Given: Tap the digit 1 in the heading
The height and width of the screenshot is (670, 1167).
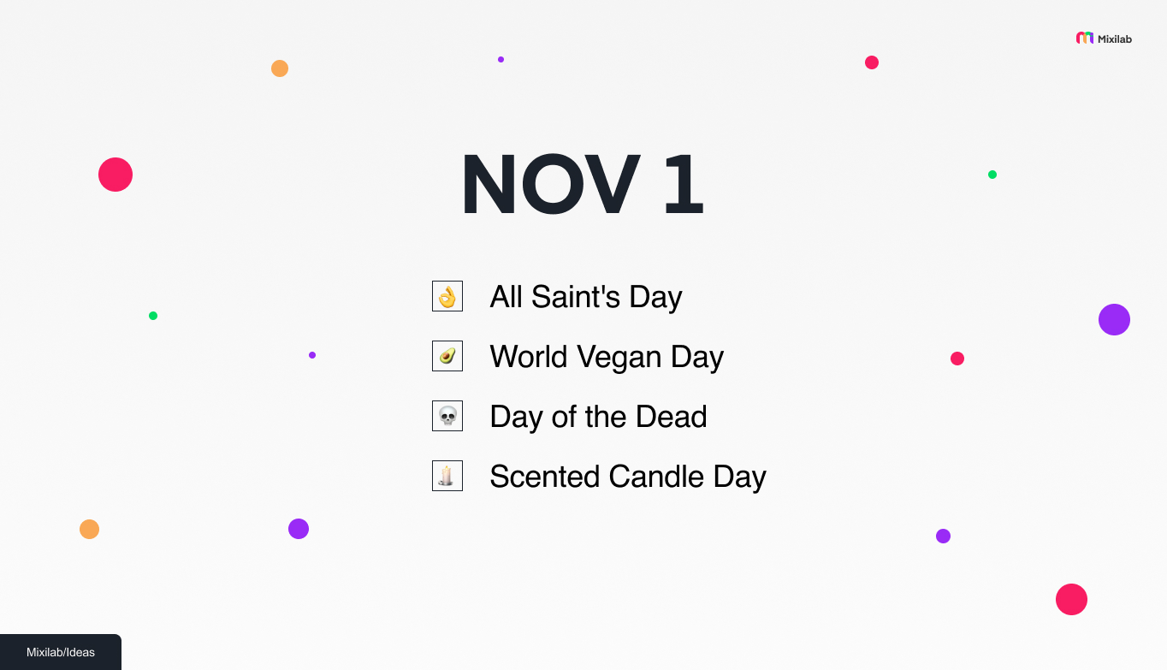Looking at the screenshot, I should tap(684, 185).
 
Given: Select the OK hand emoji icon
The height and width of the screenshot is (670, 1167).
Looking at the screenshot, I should tap(447, 297).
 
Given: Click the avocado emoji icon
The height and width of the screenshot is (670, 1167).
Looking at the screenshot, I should tap(447, 357).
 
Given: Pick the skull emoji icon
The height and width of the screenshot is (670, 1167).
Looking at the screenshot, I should tap(447, 417).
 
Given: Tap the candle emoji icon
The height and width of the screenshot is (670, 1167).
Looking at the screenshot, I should tap(447, 477).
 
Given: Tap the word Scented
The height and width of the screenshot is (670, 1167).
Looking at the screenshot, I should tap(545, 477).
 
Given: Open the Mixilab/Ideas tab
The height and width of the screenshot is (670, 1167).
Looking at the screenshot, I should tap(61, 652).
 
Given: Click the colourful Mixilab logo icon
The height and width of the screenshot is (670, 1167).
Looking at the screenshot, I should tap(1085, 39).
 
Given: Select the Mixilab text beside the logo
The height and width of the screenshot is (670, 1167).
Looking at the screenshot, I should tap(1115, 39).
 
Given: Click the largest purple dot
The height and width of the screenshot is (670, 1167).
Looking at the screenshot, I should tap(1114, 319).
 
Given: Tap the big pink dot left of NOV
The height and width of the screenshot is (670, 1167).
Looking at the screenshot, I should tap(116, 175).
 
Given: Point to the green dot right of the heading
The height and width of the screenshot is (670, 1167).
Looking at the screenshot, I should tap(992, 175).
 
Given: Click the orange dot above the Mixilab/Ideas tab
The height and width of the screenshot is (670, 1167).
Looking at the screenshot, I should tap(89, 529).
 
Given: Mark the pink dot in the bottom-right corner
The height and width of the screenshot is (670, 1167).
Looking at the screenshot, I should tap(1071, 599).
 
